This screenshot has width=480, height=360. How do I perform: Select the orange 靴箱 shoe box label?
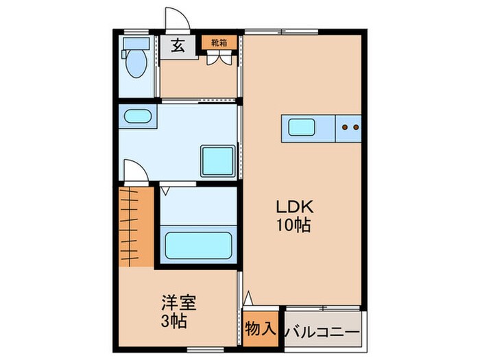[219, 43]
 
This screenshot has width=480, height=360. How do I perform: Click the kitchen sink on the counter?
[301, 127]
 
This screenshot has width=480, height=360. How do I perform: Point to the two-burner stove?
[350, 126]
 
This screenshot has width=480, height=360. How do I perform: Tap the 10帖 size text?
[295, 225]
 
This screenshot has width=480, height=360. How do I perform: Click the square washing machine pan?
[217, 160]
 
